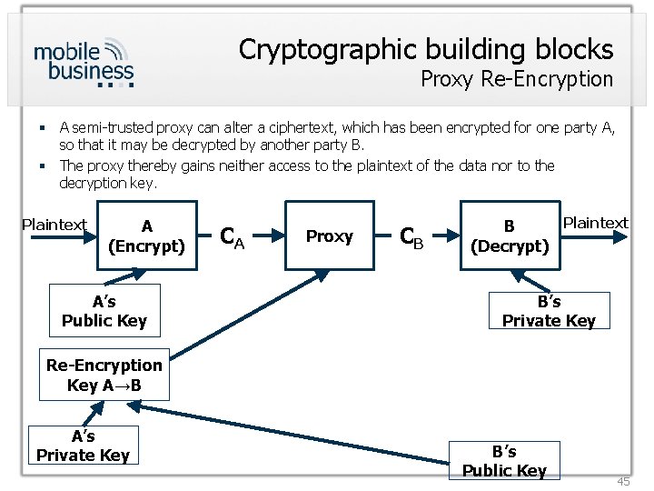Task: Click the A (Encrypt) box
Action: (x=146, y=236)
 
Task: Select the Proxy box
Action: (x=329, y=236)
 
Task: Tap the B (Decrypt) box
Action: (x=509, y=236)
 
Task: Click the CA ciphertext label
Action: (x=233, y=237)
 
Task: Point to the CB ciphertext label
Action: (x=412, y=237)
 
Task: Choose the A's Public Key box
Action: (x=104, y=310)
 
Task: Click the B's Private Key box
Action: (x=549, y=310)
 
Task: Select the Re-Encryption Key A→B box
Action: (x=104, y=375)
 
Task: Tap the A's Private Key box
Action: (x=83, y=446)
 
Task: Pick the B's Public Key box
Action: (x=504, y=460)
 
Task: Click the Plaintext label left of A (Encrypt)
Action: (x=54, y=225)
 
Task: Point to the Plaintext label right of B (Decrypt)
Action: (x=595, y=223)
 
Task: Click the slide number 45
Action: (x=622, y=481)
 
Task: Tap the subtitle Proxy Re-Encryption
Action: (x=516, y=79)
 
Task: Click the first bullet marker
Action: (x=43, y=129)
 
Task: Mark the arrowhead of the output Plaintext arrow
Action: (x=623, y=236)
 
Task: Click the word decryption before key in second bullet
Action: (x=94, y=183)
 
